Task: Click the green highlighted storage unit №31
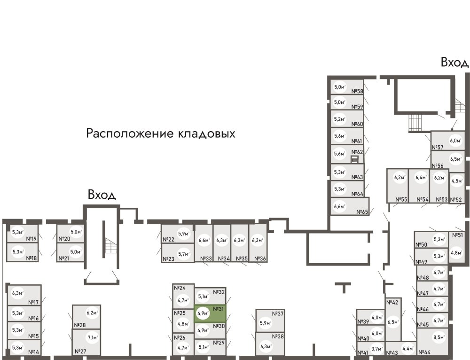click(211, 313)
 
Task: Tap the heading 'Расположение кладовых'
click(160, 134)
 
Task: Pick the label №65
click(362, 212)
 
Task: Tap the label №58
click(358, 92)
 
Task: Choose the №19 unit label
click(31, 239)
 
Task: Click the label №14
click(33, 352)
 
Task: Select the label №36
click(259, 258)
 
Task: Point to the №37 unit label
click(278, 314)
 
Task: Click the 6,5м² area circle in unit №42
click(393, 322)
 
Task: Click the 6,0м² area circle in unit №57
click(454, 140)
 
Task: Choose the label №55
click(401, 200)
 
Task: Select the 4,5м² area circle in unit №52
click(456, 180)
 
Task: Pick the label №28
click(79, 325)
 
